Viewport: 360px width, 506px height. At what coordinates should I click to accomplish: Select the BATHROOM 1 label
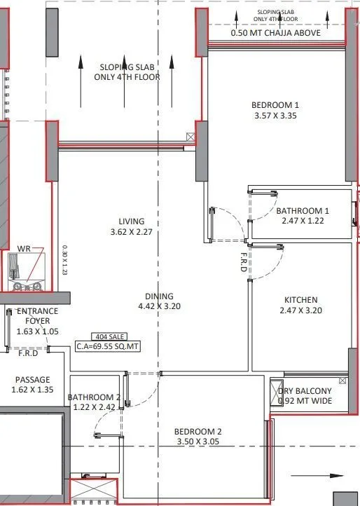point(302,211)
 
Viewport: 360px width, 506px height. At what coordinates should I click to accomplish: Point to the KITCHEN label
point(300,300)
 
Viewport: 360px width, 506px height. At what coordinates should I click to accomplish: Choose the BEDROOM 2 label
point(199,432)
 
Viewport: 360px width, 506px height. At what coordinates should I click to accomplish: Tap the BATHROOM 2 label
point(94,397)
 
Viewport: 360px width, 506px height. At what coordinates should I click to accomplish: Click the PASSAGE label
point(32,380)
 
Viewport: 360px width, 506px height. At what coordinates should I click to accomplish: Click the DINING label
point(159,296)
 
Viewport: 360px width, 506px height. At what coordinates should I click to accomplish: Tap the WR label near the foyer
point(24,249)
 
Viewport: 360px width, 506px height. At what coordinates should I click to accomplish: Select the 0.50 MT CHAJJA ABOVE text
point(276,33)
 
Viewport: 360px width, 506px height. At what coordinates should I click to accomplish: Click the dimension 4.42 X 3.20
point(159,306)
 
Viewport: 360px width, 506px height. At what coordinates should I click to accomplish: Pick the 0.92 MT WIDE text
point(305,401)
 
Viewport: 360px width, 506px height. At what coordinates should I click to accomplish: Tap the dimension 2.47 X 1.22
point(302,221)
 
